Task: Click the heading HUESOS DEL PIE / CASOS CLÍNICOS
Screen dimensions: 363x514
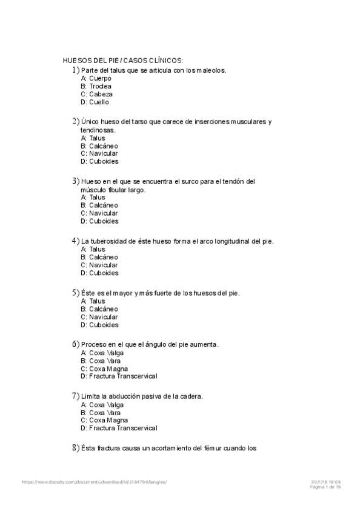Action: click(x=123, y=61)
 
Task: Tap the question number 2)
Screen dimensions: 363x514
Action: click(x=76, y=121)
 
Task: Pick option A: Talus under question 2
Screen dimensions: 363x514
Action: click(x=93, y=138)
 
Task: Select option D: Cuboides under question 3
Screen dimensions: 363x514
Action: click(x=99, y=221)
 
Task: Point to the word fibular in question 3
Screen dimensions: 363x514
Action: click(x=119, y=190)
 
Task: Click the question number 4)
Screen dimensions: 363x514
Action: click(x=76, y=241)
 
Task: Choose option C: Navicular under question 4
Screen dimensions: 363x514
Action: click(x=99, y=265)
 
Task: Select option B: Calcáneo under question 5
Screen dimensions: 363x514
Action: click(x=99, y=309)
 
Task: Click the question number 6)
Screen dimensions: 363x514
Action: click(x=76, y=344)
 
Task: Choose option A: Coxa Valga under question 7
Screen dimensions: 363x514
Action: click(x=102, y=404)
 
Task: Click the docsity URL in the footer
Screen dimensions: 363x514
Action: click(x=94, y=482)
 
